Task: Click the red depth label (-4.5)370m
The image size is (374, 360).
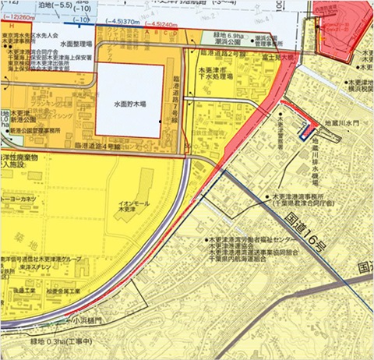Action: [x=124, y=22]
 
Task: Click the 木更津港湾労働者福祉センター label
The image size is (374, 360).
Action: [x=258, y=239]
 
